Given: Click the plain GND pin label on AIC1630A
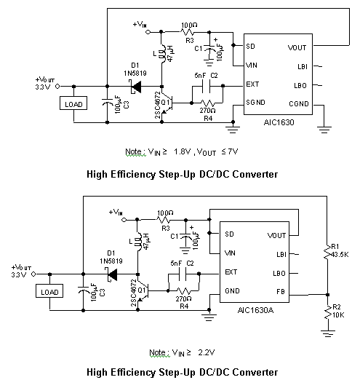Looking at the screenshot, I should click(x=232, y=291).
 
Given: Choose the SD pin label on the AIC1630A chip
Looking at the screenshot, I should click(x=230, y=234).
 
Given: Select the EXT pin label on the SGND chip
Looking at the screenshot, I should click(x=252, y=84).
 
